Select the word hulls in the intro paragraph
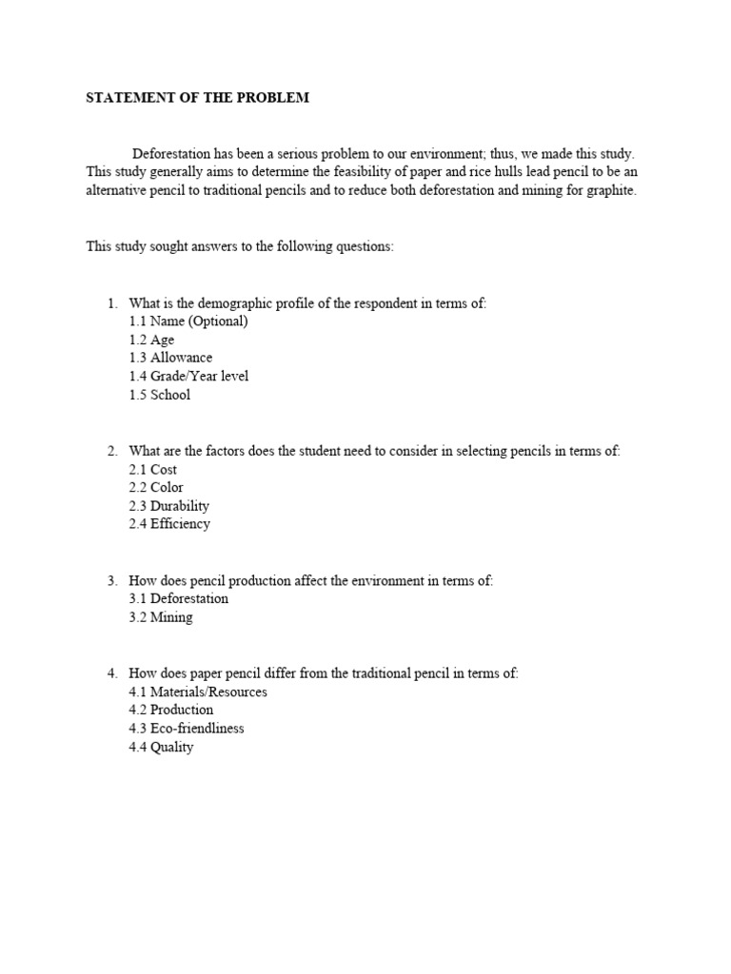(529, 171)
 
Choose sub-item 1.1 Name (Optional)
(188, 321)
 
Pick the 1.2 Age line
(151, 340)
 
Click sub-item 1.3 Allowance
(170, 358)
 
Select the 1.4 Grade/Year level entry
(188, 377)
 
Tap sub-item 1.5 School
(159, 395)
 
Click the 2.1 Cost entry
(152, 469)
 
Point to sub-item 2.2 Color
(155, 487)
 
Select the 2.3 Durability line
(168, 506)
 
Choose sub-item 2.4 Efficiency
(169, 524)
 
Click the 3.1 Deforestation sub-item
(178, 598)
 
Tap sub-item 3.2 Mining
(160, 617)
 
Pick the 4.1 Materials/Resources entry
(198, 692)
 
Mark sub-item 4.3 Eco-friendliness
(187, 729)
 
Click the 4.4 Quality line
(161, 748)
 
